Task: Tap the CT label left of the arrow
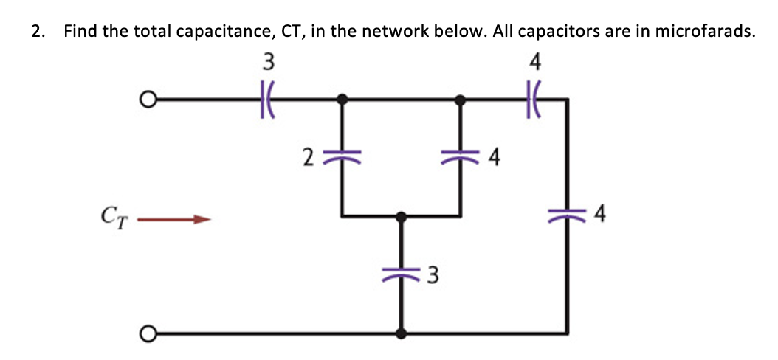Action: (111, 218)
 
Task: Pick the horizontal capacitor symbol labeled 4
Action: (536, 98)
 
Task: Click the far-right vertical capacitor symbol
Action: (567, 215)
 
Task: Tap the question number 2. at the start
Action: (37, 32)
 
